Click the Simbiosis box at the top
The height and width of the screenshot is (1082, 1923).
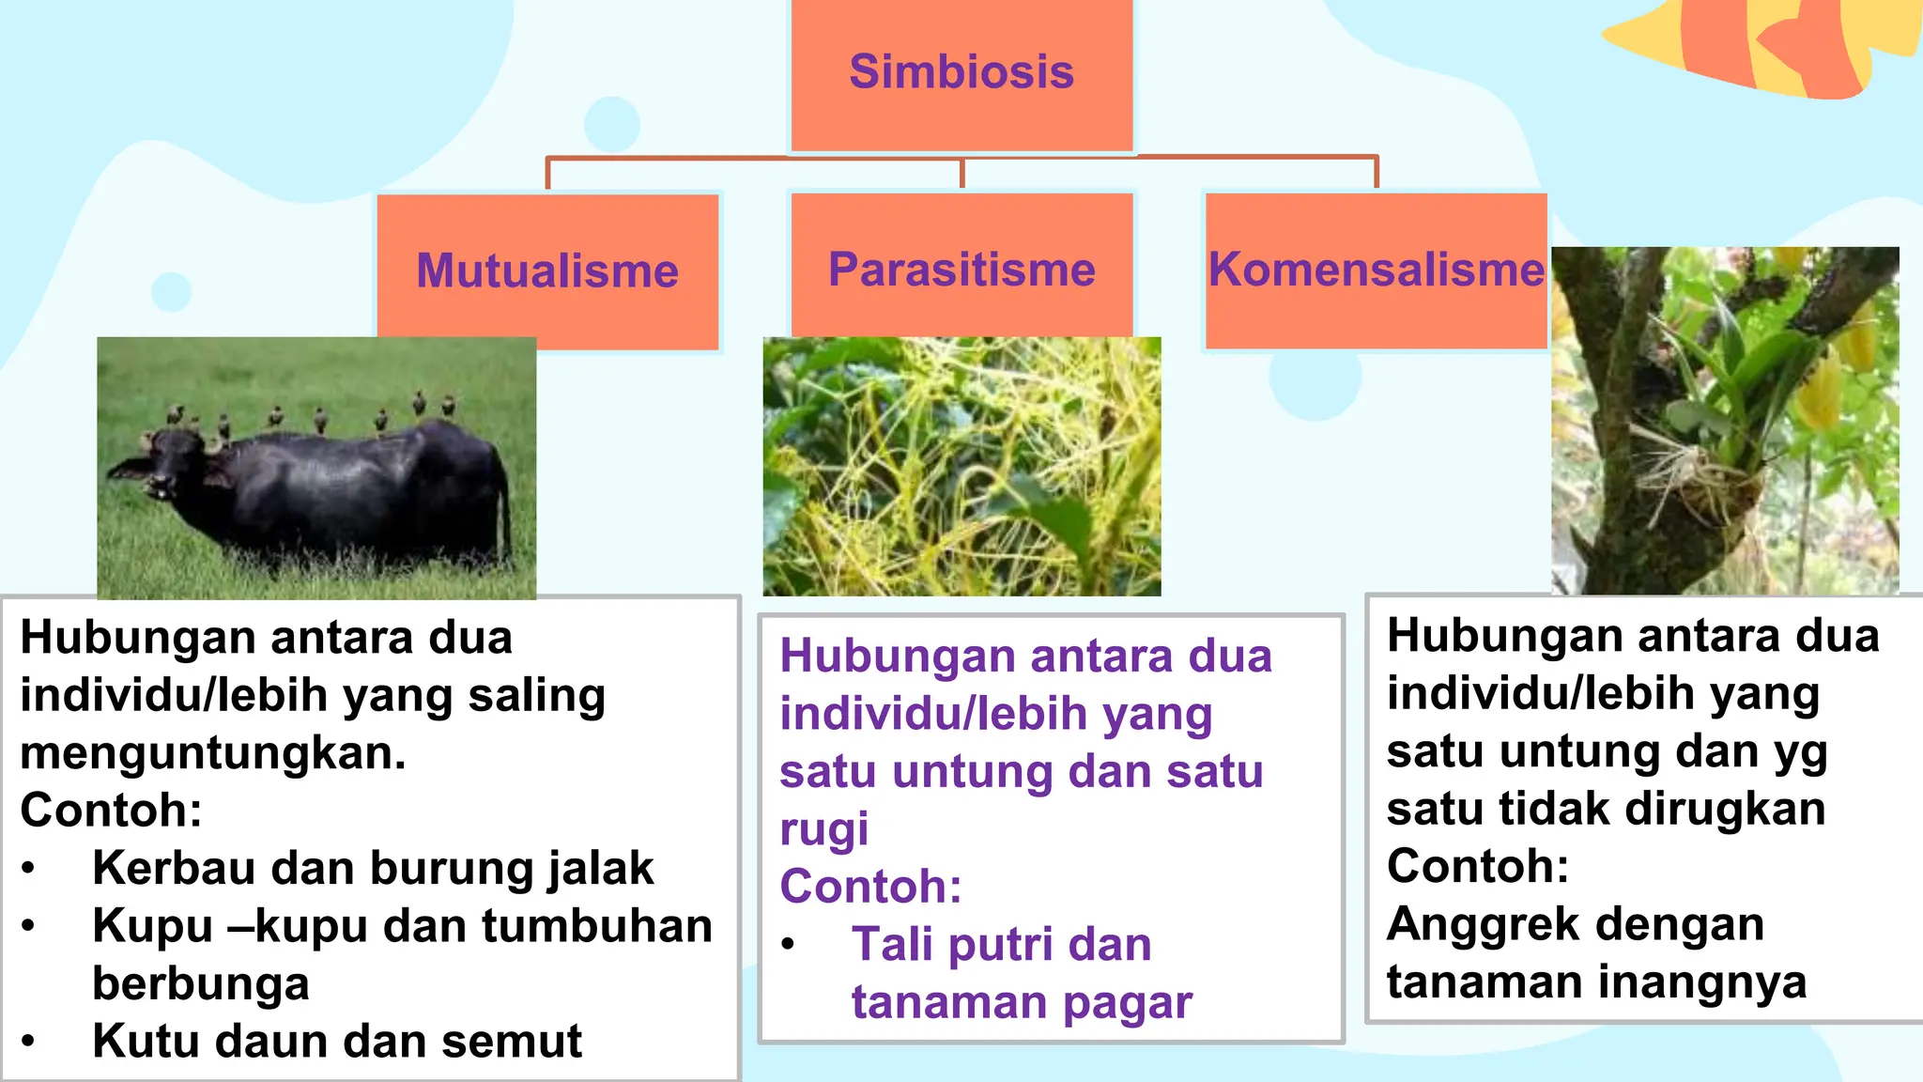click(x=961, y=73)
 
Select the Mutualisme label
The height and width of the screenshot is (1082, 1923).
click(x=547, y=270)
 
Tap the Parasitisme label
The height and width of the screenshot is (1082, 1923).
click(x=961, y=270)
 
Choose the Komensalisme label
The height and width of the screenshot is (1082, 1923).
click(x=1376, y=270)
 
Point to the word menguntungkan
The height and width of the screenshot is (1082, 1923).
click(x=213, y=753)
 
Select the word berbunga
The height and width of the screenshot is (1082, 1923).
click(x=200, y=984)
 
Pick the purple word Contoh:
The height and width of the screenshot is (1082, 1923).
click(x=870, y=887)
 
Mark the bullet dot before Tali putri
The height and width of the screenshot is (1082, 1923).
click(x=789, y=945)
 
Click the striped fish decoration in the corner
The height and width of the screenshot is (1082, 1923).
click(x=1765, y=42)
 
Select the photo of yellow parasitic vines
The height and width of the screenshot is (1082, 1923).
click(x=961, y=467)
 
